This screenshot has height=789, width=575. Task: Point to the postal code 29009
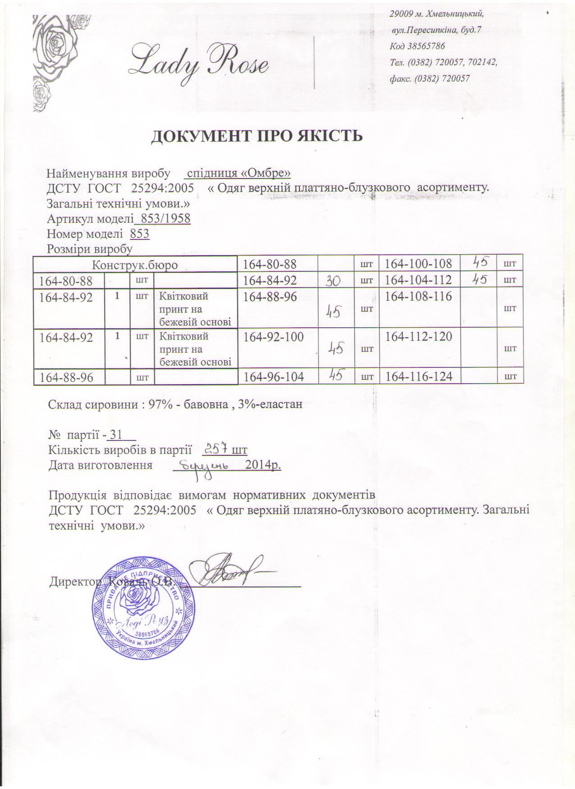400,14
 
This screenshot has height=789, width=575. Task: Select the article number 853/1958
165,219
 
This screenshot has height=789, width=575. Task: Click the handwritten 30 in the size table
335,280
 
